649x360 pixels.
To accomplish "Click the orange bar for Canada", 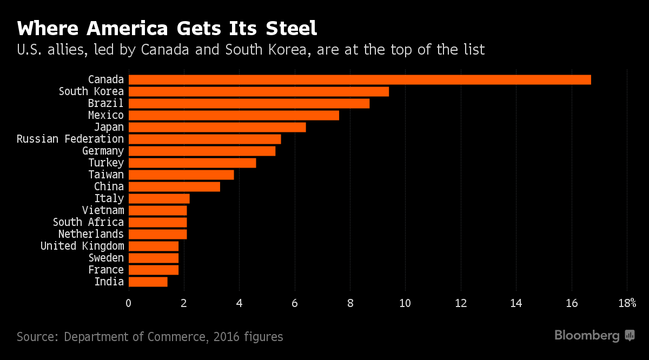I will [360, 80].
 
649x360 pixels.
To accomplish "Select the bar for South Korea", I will [259, 92].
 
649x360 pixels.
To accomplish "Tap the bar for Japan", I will [217, 128].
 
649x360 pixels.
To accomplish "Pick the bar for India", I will [148, 282].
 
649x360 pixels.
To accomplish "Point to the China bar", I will [174, 186].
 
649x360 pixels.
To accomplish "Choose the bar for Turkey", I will [193, 163].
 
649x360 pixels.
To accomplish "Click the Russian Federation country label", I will [70, 139].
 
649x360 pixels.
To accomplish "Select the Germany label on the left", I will [103, 151].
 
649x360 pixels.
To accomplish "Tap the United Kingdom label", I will [82, 246].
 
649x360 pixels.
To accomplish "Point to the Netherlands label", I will [91, 234].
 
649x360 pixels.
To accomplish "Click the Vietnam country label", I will [103, 210].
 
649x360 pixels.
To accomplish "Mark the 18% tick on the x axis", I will [627, 303].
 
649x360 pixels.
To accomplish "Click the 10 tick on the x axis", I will [405, 303].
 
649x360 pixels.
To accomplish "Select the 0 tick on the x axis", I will [129, 303].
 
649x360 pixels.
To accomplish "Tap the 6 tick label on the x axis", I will [295, 303].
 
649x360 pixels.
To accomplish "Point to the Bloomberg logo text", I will [587, 336].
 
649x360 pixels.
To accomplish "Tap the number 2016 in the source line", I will [226, 337].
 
